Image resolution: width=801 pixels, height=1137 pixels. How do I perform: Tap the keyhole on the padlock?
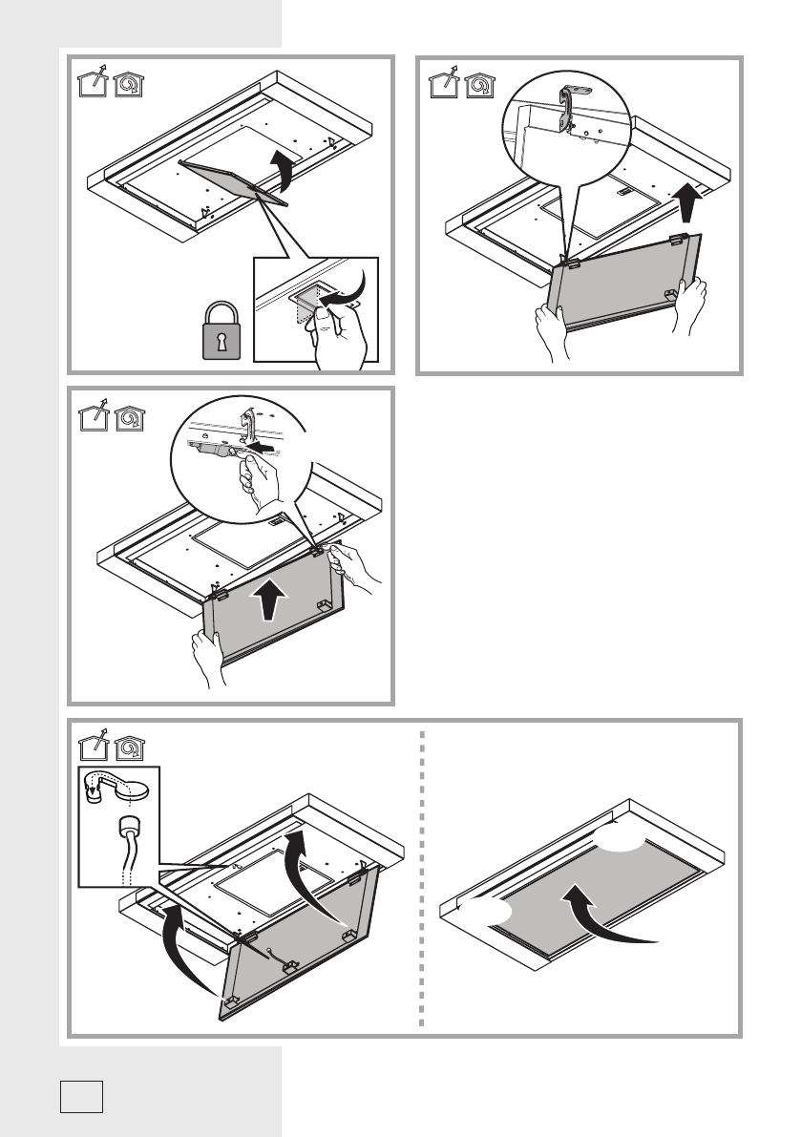click(222, 340)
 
